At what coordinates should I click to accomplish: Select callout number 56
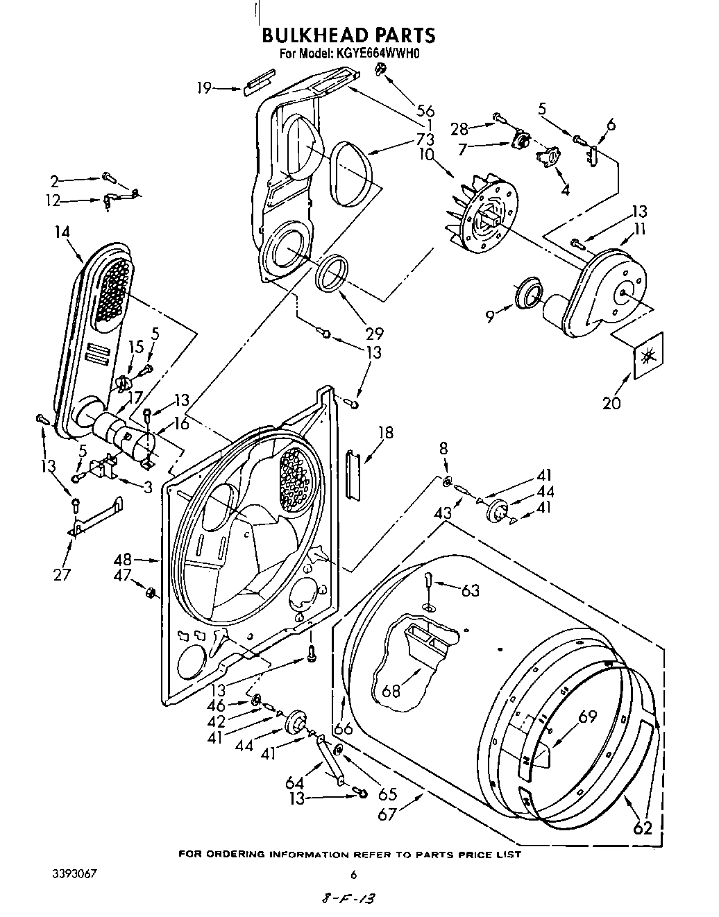425,110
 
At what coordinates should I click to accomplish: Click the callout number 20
611,403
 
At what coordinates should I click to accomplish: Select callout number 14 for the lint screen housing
62,232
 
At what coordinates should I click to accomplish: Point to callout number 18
385,433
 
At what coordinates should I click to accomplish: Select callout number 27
62,574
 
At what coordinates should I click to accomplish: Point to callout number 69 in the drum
587,717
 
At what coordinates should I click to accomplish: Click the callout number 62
643,828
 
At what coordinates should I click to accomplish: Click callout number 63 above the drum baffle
470,590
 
